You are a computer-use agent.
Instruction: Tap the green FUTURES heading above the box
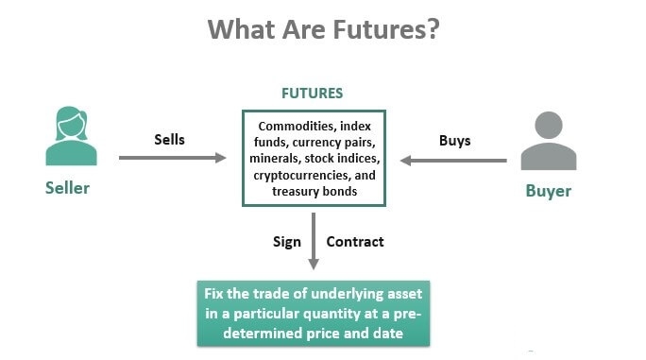[x=313, y=94]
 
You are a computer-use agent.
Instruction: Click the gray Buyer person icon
[x=549, y=143]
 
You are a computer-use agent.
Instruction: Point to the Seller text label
[x=67, y=188]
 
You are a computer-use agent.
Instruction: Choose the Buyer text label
[x=549, y=191]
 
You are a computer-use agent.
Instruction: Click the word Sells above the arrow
[x=169, y=140]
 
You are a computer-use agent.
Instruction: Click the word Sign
[x=286, y=241]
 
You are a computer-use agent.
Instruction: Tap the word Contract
[x=355, y=241]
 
